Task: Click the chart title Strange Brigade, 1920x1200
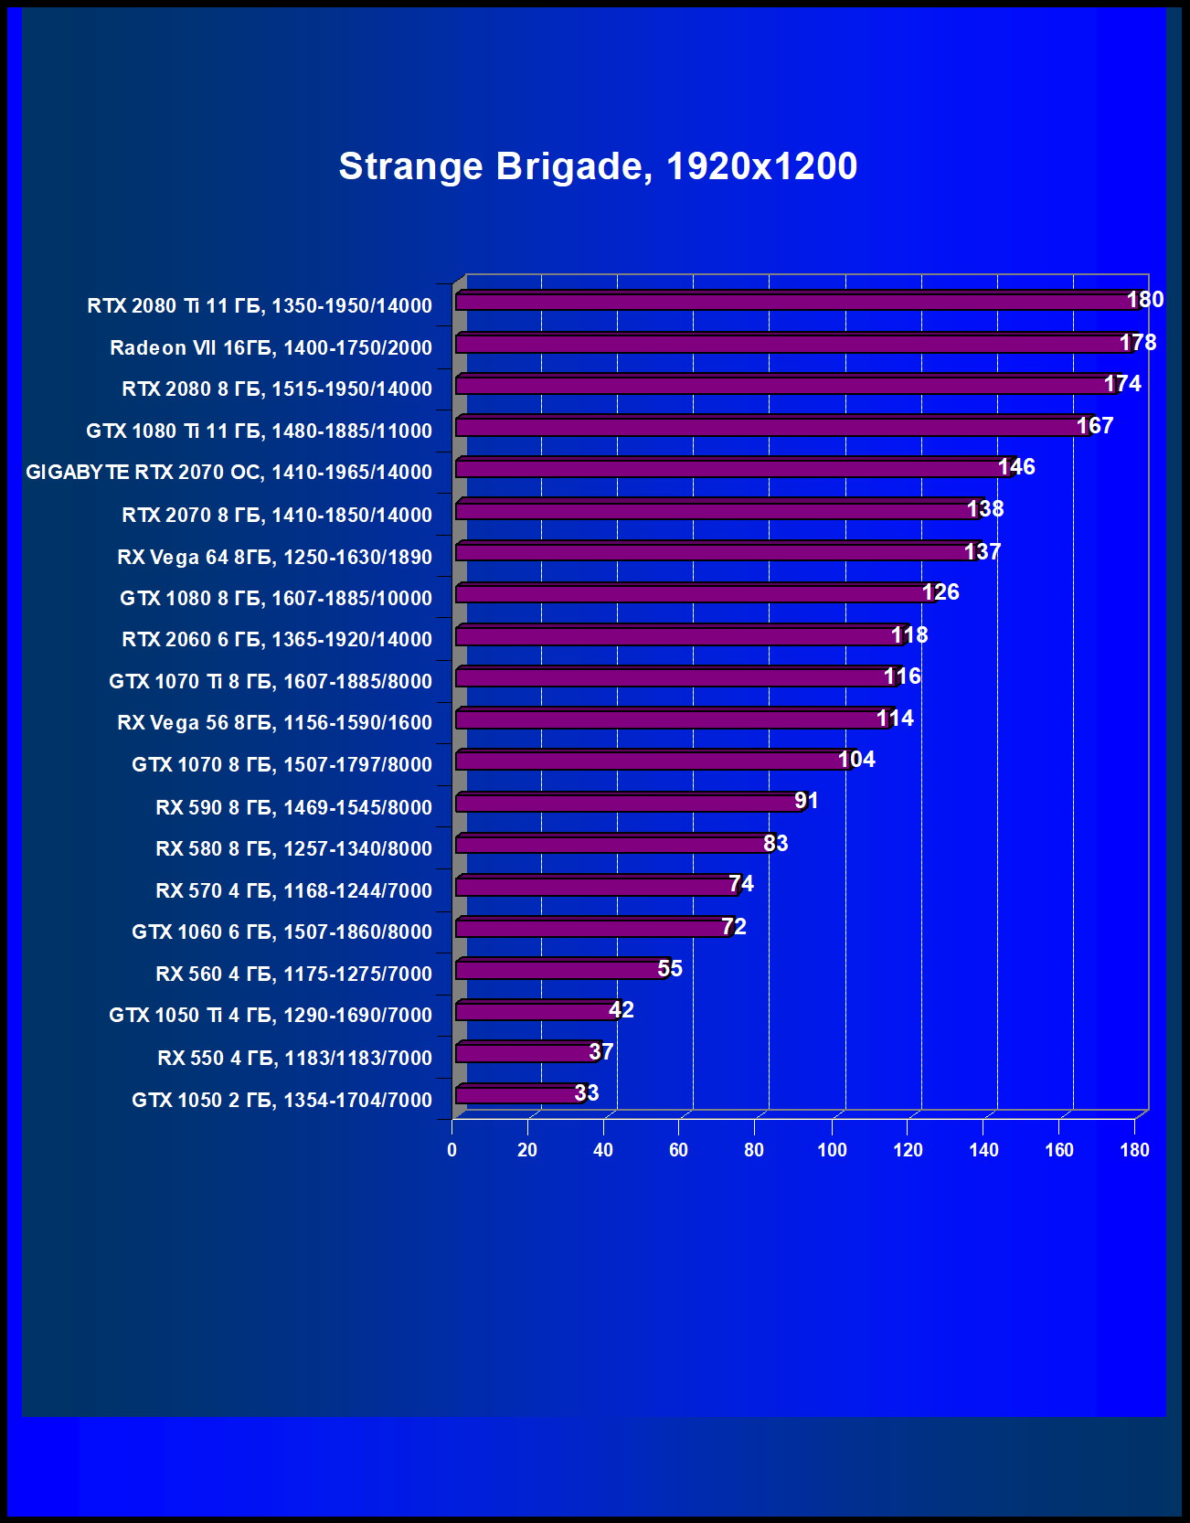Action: [598, 166]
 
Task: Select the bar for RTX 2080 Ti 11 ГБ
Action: [795, 302]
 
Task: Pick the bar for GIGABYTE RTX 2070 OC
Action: [731, 469]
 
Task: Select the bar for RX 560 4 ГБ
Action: [559, 970]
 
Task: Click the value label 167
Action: [1094, 426]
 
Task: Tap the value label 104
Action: [856, 760]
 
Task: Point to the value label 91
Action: [806, 802]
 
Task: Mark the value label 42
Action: [622, 1010]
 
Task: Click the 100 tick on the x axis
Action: [832, 1150]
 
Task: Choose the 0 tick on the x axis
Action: [452, 1150]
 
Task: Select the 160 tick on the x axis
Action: [1059, 1150]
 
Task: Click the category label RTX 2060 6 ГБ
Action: [277, 640]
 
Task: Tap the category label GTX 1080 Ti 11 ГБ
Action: [259, 431]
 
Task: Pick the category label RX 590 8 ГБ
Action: [293, 807]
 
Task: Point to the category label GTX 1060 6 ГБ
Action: [282, 932]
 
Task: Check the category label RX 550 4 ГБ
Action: [294, 1058]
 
